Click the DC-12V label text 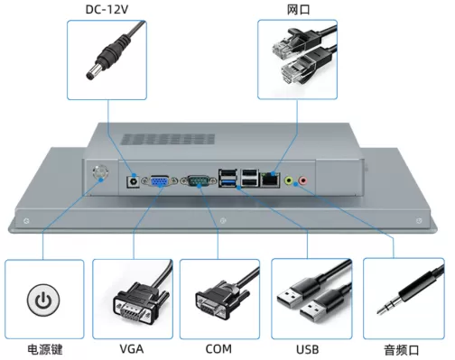pyautogui.click(x=107, y=9)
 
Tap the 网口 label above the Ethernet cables pyautogui.click(x=298, y=10)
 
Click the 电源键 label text pyautogui.click(x=45, y=350)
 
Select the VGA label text pyautogui.click(x=132, y=349)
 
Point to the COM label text pyautogui.click(x=218, y=349)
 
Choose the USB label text pyautogui.click(x=308, y=349)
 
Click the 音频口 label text pyautogui.click(x=402, y=350)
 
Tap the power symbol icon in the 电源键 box pyautogui.click(x=43, y=300)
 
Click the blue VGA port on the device pyautogui.click(x=160, y=181)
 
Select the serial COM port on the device pyautogui.click(x=199, y=181)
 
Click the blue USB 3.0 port pyautogui.click(x=227, y=182)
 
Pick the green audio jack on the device pyautogui.click(x=289, y=180)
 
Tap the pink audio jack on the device pyautogui.click(x=302, y=180)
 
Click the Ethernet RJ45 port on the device pyautogui.click(x=270, y=180)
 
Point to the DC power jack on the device pyautogui.click(x=133, y=182)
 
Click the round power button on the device pyautogui.click(x=100, y=173)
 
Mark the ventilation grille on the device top pyautogui.click(x=168, y=139)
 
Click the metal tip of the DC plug pyautogui.click(x=92, y=72)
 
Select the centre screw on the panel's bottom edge pyautogui.click(x=223, y=221)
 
